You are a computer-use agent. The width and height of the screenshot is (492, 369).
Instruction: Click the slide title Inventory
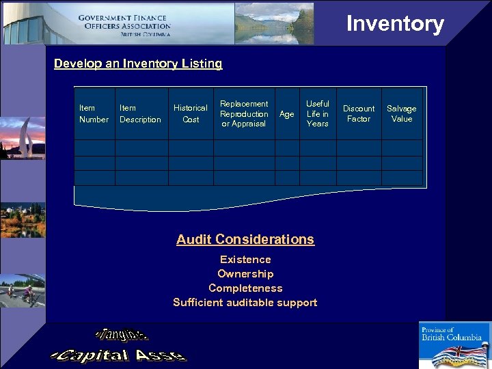pos(395,24)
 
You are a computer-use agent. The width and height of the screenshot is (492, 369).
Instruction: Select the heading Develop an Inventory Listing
pos(138,64)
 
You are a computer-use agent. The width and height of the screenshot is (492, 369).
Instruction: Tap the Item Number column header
pos(94,113)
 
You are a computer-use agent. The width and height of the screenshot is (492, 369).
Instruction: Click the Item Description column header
pos(140,113)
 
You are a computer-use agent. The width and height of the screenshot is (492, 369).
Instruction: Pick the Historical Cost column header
pos(191,113)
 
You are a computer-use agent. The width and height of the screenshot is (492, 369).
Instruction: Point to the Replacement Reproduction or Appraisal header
pos(244,113)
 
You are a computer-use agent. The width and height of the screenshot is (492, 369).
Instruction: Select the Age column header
pos(287,114)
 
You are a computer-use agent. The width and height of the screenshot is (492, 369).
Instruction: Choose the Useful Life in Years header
pos(317,113)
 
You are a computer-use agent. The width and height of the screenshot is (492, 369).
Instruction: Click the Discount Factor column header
pos(359,113)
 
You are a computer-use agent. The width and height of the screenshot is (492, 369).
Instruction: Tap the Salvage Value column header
pos(402,113)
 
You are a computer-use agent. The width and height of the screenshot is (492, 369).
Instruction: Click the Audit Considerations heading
pos(245,239)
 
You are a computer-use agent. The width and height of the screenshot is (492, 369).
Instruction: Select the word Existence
pos(245,260)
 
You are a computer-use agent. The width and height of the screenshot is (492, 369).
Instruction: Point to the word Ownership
pos(245,274)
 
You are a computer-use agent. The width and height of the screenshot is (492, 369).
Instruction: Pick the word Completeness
pos(245,288)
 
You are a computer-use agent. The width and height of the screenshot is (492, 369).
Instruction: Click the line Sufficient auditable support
pos(245,303)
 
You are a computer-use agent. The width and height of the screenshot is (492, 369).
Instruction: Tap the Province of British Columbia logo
pos(454,345)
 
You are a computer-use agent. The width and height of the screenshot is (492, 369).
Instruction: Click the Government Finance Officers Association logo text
pos(124,25)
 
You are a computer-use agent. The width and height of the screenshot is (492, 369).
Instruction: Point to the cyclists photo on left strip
pos(23,291)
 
